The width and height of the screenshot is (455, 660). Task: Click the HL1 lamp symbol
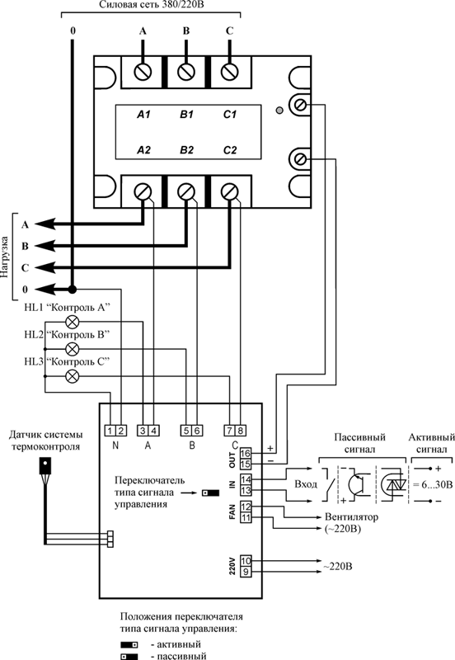(x=73, y=323)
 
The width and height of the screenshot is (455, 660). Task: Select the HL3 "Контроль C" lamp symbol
(x=73, y=376)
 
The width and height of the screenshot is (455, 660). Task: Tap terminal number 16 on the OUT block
(x=246, y=453)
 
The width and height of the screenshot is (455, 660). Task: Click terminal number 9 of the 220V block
(x=246, y=572)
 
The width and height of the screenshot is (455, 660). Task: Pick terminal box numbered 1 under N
(x=110, y=431)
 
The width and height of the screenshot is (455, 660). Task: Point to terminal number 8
(x=241, y=431)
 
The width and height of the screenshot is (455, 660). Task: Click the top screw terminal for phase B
(x=185, y=72)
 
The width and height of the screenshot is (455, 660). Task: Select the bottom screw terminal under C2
(x=229, y=192)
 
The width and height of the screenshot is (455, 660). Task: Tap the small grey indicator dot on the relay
(x=279, y=111)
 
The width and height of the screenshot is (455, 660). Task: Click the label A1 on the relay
(x=143, y=115)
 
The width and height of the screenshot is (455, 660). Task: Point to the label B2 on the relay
(x=186, y=150)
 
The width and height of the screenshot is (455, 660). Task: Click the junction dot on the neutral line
(x=73, y=290)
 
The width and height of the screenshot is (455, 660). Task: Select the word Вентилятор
(x=351, y=516)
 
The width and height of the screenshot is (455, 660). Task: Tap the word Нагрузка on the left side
(x=5, y=257)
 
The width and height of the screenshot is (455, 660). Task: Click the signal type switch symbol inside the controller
(x=211, y=493)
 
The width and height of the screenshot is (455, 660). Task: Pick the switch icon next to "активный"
(x=129, y=645)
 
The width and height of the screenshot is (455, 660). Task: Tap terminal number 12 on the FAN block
(x=246, y=507)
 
